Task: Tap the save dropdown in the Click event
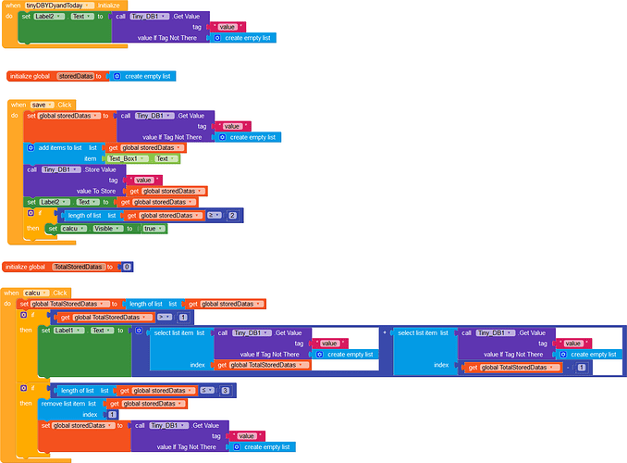pos(43,105)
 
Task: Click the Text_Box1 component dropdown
pos(129,158)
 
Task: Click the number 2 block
pos(233,215)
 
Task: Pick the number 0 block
pos(127,267)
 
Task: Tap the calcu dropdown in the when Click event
pos(39,293)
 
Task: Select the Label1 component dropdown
pos(67,331)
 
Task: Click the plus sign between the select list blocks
pos(384,332)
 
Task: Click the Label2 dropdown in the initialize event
pos(55,17)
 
